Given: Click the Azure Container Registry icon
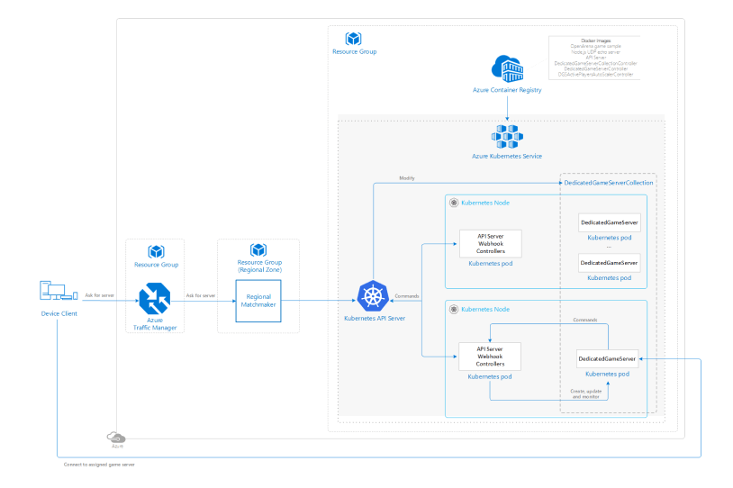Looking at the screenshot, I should click(x=507, y=69).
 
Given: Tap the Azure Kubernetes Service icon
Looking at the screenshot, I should click(x=507, y=136).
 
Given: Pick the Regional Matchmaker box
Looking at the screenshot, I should click(x=258, y=301).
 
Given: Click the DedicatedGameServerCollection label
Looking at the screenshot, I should click(x=608, y=183).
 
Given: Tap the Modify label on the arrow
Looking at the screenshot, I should click(x=407, y=178).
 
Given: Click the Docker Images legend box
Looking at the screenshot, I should click(x=594, y=58).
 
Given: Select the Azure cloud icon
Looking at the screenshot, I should click(x=116, y=438).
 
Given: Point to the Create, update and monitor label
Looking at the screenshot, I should click(x=586, y=394).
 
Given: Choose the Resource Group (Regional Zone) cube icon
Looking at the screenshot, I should click(x=258, y=250).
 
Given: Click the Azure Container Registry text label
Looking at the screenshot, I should click(x=507, y=91).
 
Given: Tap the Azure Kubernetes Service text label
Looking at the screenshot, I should click(x=507, y=157).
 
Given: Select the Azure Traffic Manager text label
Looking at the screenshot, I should click(x=154, y=324).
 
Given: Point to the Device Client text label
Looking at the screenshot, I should click(x=56, y=313).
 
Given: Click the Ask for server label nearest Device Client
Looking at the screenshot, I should click(x=99, y=295).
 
